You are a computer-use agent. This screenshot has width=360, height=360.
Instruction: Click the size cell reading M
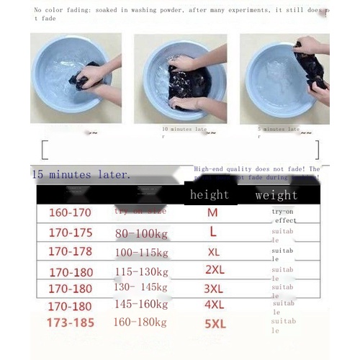tap(212, 213)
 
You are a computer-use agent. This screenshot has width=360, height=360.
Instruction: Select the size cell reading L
tap(213, 233)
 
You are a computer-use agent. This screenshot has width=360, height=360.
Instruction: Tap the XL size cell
tap(214, 253)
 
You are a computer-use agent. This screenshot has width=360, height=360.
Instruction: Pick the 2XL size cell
tap(215, 271)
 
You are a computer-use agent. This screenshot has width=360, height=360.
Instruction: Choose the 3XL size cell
tap(215, 289)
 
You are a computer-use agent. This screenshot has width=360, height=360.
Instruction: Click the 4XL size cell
tap(215, 306)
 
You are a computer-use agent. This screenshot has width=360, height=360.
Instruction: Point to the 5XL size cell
tap(215, 324)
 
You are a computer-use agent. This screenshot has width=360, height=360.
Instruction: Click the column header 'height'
tap(210, 194)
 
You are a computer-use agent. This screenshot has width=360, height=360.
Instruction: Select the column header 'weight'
tap(276, 194)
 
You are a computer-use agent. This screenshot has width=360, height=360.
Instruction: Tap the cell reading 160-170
tap(70, 213)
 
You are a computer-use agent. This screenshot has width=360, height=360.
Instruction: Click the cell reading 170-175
tap(70, 233)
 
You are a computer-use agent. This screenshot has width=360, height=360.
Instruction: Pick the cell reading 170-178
tap(70, 252)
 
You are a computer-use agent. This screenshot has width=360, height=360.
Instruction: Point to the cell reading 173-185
tap(70, 323)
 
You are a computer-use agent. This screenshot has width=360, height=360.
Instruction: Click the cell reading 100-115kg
tap(141, 253)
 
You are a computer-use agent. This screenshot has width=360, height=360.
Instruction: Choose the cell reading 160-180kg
tap(141, 323)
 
